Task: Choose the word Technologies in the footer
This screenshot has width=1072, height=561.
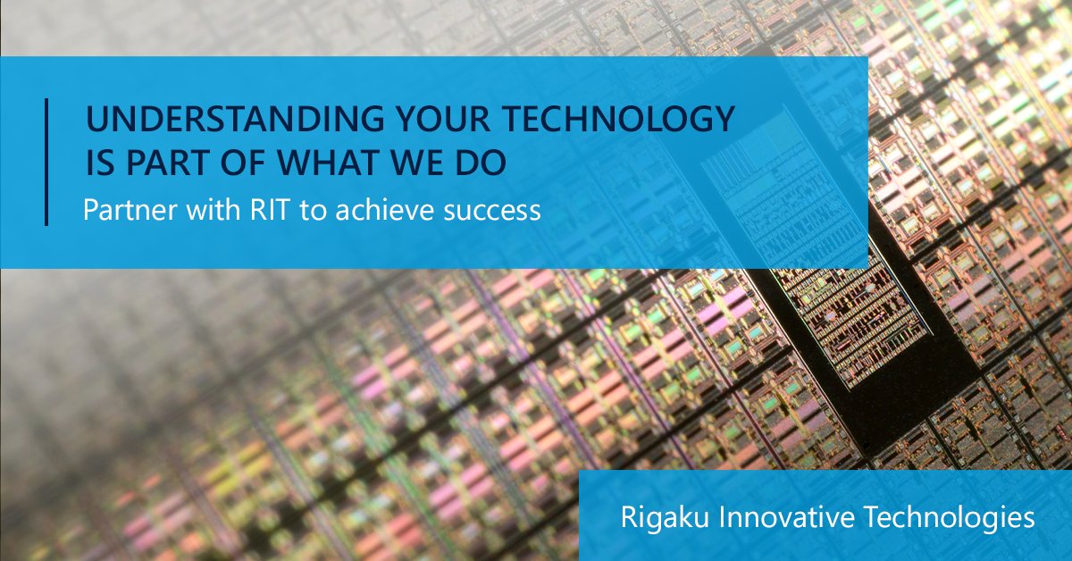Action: [x=950, y=518]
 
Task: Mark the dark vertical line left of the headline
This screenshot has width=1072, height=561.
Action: [x=46, y=162]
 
